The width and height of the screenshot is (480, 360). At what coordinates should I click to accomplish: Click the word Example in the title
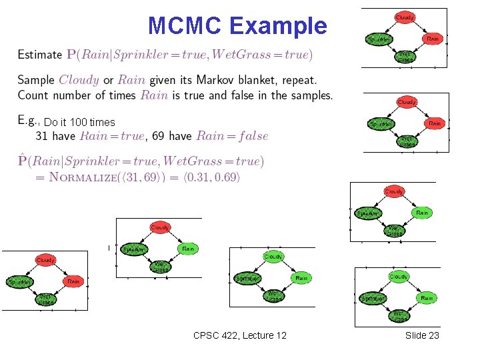pos(278,26)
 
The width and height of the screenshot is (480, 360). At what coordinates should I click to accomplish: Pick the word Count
pos(33,95)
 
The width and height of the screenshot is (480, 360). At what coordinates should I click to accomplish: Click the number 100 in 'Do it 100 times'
pos(79,123)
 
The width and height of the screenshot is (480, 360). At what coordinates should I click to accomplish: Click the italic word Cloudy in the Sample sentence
pos(79,79)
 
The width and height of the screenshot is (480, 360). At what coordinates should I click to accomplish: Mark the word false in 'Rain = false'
pos(249,136)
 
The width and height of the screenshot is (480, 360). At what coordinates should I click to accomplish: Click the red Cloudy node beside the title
pos(405,17)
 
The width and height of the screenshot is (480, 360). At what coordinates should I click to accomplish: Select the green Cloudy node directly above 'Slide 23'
pos(399,276)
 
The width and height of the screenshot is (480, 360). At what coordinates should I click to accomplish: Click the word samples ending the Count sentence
pos(311,95)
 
